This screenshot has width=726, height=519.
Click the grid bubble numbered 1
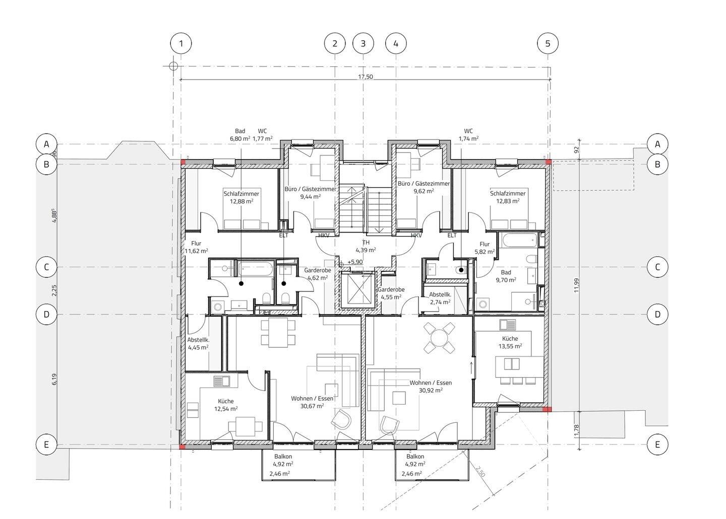tap(181, 43)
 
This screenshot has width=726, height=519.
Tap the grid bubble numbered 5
tap(548, 43)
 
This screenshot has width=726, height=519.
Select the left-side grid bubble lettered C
tap(46, 267)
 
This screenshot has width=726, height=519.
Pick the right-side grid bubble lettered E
tap(657, 444)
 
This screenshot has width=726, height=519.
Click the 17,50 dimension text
tap(365, 77)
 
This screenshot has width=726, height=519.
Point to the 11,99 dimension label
tap(576, 285)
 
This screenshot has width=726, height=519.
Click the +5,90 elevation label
tap(355, 262)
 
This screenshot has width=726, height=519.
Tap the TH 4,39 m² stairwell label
tap(366, 246)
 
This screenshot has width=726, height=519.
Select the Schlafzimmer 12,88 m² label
tap(241, 197)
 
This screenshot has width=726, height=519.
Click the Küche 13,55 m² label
tap(510, 342)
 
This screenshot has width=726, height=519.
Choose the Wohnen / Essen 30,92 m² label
tap(431, 386)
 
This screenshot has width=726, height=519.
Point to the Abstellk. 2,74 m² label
tap(440, 299)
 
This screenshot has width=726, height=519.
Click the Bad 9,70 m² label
tap(506, 276)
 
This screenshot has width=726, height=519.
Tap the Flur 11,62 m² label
tap(196, 247)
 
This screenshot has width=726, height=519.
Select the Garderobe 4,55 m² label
tap(391, 293)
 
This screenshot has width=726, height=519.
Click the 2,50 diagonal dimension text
tap(480, 472)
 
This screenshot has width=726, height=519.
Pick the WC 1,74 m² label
tap(468, 134)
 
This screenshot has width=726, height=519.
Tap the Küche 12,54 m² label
tap(226, 405)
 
